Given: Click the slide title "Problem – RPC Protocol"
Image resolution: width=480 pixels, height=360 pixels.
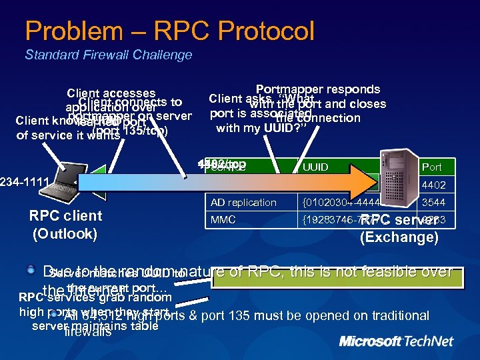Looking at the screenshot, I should point(169,31).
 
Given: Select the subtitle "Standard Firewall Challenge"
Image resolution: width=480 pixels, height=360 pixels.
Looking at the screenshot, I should point(108,55).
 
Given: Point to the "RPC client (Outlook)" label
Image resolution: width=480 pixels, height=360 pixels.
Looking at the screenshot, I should point(65,225).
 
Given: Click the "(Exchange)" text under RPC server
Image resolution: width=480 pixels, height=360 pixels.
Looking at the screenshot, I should point(399,237).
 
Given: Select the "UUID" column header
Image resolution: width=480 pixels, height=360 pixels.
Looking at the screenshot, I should point(315,167).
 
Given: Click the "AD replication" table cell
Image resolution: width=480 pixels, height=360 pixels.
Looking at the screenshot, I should point(243,203).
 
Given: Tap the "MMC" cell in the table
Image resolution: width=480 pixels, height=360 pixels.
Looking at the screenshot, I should point(223,219).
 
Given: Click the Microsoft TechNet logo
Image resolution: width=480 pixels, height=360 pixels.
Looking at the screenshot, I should point(396,341).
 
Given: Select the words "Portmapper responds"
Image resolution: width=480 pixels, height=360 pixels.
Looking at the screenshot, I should point(317,89).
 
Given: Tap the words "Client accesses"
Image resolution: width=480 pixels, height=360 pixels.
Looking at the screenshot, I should point(111,93).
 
